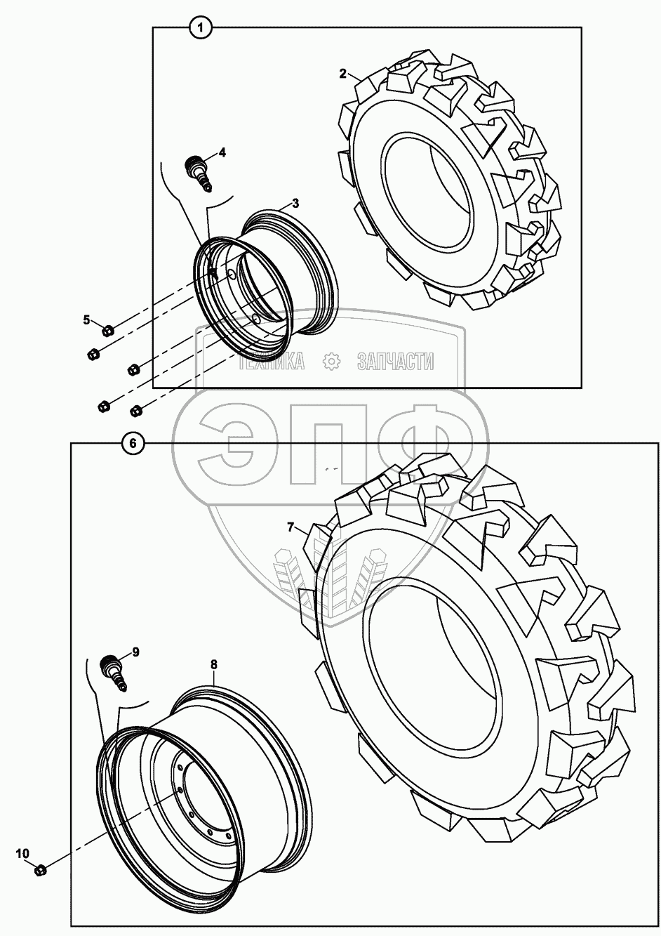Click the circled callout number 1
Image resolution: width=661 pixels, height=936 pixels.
click(201, 28)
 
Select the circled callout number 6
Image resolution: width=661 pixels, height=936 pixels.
click(133, 442)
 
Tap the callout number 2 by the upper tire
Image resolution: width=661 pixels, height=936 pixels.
click(342, 74)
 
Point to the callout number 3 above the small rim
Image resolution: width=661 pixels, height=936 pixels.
click(295, 203)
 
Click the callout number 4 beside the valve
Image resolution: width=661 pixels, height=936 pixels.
click(222, 152)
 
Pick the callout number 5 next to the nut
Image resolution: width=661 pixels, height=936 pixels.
click(87, 320)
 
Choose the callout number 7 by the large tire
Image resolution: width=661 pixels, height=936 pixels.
click(290, 526)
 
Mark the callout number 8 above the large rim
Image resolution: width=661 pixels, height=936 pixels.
click(213, 663)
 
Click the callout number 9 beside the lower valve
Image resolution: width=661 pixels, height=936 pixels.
click(135, 652)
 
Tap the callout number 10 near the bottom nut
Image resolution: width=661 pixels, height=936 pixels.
click(22, 853)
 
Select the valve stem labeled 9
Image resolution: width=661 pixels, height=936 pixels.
click(112, 671)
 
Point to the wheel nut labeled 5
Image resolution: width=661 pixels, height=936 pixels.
click(107, 330)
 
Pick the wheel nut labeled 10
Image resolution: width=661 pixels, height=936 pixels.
click(40, 870)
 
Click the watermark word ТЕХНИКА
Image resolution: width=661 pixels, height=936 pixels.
click(271, 362)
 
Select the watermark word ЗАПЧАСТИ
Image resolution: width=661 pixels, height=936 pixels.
click(395, 362)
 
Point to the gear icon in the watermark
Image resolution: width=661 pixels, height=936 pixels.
click(330, 362)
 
